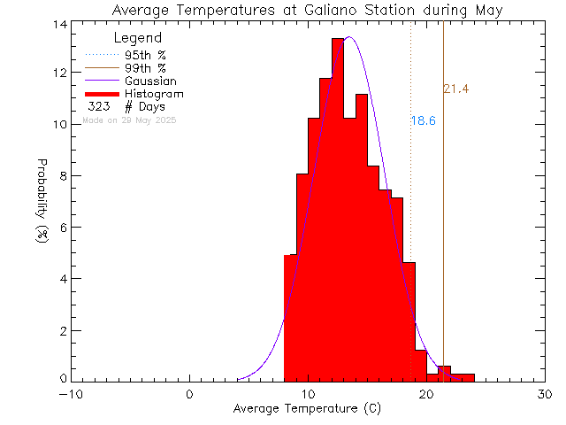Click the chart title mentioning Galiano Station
pos(308,11)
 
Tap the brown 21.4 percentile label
pos(455,89)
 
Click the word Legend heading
pos(138,38)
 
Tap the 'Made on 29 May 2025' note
pos(129,120)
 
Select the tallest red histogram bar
pos(338,212)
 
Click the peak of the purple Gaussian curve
pos(349,37)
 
